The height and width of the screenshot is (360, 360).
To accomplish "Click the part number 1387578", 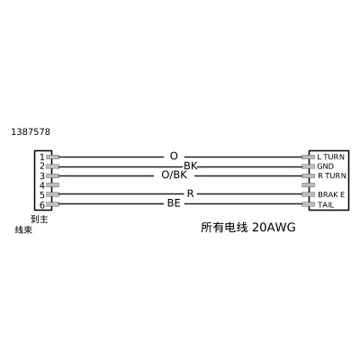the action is [31, 131].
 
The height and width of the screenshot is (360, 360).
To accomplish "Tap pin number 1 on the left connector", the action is [42, 157].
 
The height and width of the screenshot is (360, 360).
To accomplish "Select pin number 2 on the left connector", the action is [42, 166].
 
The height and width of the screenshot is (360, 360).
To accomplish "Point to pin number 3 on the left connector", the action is [42, 175].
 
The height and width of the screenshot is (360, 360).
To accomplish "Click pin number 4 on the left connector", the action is [42, 185].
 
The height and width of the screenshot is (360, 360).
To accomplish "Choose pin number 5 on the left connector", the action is [42, 195].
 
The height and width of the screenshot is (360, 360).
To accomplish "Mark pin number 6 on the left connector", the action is [42, 205].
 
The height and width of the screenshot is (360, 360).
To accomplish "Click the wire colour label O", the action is [174, 156].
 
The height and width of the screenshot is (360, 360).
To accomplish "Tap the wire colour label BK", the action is [191, 166].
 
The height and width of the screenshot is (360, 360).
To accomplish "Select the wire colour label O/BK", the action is [175, 175].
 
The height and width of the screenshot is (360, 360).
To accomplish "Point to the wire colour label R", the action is [190, 193].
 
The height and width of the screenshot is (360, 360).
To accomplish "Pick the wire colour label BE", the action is [174, 203].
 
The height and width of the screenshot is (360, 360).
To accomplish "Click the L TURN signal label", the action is [330, 157].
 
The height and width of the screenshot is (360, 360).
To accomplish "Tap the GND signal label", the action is [325, 166].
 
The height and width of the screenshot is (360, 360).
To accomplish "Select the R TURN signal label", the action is [332, 175].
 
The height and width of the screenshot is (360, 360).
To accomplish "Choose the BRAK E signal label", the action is [331, 194].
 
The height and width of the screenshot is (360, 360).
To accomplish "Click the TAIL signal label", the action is [326, 205].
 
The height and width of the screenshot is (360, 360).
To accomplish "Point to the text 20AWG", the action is [274, 228].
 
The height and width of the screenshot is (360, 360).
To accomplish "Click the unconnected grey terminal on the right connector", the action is [308, 184].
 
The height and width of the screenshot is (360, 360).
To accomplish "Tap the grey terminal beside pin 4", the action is [52, 184].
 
